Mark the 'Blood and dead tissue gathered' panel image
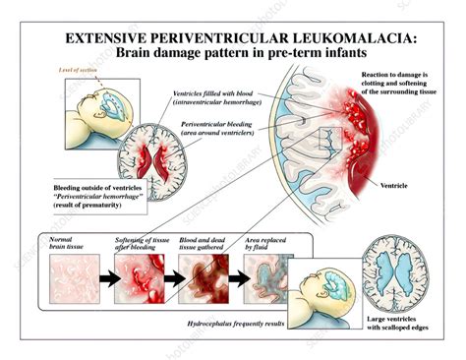[x=201, y=279]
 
